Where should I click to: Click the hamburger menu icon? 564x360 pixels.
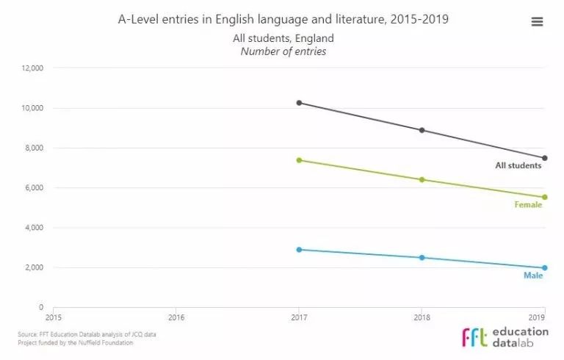[x=537, y=22]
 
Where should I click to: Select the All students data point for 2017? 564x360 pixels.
[x=299, y=103]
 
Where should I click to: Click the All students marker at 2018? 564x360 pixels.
[x=422, y=130]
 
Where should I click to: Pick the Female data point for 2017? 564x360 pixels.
[x=299, y=160]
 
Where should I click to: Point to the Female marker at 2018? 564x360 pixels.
[x=422, y=179]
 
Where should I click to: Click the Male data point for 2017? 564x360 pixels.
[x=299, y=250]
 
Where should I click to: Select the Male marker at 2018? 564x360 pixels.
[x=422, y=258]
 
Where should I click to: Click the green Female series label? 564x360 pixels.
[x=528, y=205]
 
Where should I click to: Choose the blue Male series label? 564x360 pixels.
[x=532, y=276]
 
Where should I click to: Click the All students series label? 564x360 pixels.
[x=518, y=166]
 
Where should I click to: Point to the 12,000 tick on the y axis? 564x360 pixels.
[x=33, y=68]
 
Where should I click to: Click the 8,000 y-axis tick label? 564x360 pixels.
[x=35, y=148]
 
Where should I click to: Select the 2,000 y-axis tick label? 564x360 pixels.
[x=35, y=267]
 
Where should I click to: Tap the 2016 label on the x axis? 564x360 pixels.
[x=176, y=318]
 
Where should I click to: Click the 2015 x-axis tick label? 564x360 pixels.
[x=54, y=318]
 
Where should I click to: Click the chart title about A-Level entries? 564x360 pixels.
[x=283, y=19]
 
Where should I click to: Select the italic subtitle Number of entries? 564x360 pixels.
[x=283, y=51]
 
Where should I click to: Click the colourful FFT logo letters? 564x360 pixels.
[x=474, y=337]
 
